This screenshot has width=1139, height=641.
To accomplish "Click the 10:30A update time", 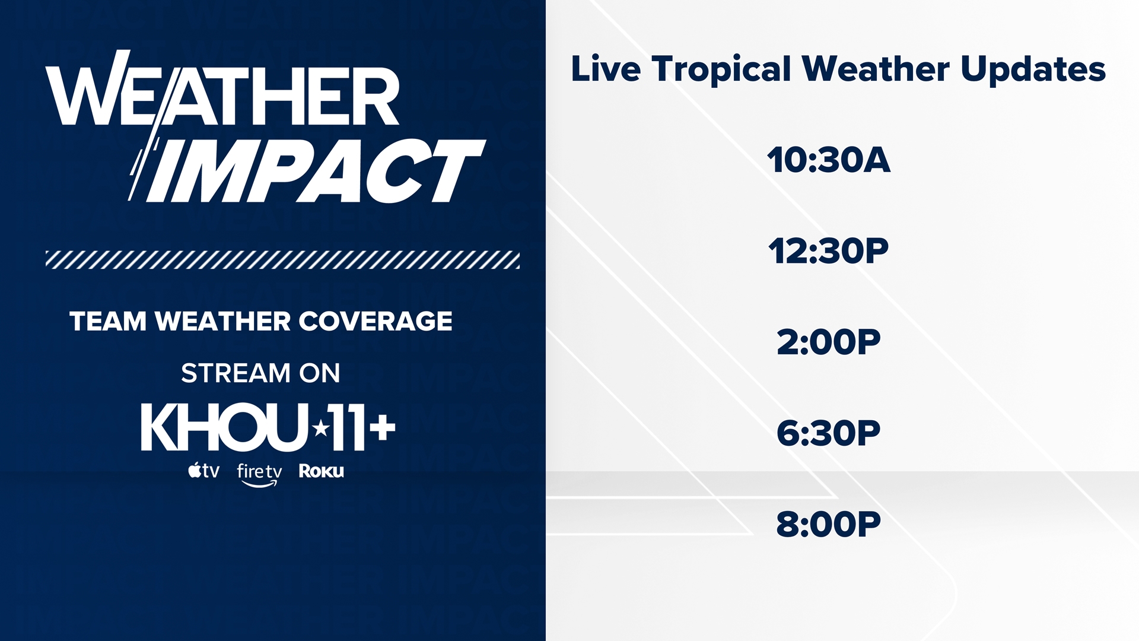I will click(828, 160).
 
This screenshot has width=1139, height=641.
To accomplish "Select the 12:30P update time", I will click(828, 251).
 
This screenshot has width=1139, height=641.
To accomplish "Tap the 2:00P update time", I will click(828, 342).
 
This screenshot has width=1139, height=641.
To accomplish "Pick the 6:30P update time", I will click(828, 433).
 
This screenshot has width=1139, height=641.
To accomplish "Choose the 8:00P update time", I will click(828, 523).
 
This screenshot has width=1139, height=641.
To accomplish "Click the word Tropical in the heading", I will click(721, 70).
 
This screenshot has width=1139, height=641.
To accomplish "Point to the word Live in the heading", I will click(606, 69).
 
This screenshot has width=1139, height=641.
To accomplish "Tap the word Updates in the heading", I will click(1033, 70).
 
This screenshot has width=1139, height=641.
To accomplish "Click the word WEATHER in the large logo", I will click(222, 95).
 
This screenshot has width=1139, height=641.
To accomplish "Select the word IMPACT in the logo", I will click(314, 171).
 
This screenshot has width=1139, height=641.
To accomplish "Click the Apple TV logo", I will click(203, 471).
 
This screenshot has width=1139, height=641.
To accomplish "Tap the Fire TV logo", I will click(259, 474).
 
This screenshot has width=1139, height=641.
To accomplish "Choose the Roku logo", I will click(321, 471).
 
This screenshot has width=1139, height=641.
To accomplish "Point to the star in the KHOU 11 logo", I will click(321, 427).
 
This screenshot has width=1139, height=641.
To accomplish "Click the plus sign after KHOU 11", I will click(382, 427).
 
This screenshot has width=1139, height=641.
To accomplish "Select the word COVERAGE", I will click(375, 321).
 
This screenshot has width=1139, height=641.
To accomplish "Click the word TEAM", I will click(108, 321).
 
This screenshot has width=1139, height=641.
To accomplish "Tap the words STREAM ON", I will click(260, 373).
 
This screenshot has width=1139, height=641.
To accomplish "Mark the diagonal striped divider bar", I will click(282, 260).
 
